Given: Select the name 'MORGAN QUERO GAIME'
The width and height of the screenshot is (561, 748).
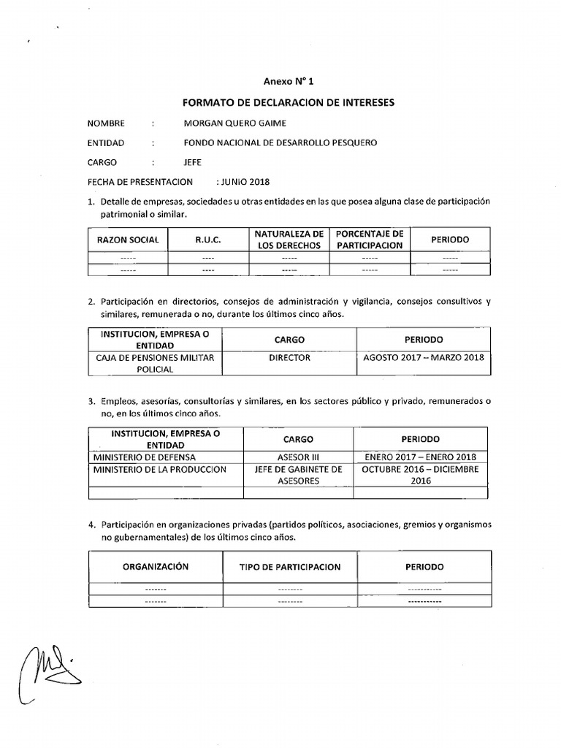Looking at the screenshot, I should pos(235,123).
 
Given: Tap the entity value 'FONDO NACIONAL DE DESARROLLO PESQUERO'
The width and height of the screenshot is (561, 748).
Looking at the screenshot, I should pos(281,143).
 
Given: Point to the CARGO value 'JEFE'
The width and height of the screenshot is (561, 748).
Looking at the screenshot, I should pos(194,163).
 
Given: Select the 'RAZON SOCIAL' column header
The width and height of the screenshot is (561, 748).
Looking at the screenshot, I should pos(128,240).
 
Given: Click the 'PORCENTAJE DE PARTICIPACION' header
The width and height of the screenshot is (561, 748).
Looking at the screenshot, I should pos(369,240).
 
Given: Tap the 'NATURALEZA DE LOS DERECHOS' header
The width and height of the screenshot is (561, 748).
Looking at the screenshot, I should pos(289,240).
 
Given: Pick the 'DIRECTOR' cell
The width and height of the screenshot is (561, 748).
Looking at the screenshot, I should pos(289,358).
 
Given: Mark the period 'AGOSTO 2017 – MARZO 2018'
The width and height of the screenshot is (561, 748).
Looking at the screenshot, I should pos(423,358).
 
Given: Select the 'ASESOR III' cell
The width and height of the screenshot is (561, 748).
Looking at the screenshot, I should pos(298,457).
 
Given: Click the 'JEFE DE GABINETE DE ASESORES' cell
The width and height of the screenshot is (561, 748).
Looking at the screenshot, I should pos(298,476).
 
